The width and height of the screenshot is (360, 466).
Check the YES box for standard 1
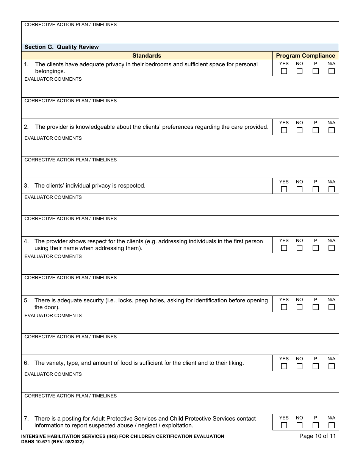(x=284, y=71)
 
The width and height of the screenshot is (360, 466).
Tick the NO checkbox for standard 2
(x=300, y=130)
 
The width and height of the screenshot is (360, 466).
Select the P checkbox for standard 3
(x=316, y=189)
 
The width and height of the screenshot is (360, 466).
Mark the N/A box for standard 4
(x=332, y=248)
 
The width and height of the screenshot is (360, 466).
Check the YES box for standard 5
(x=284, y=307)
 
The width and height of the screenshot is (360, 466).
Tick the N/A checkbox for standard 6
(x=332, y=366)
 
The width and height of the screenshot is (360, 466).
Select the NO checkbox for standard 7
(x=300, y=425)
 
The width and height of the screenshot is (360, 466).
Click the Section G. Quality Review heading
(x=61, y=47)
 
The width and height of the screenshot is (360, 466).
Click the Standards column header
(x=147, y=56)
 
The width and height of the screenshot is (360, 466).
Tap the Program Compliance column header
(x=305, y=56)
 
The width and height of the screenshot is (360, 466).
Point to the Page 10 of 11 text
(x=317, y=436)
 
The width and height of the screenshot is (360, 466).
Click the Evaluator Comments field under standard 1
(x=180, y=89)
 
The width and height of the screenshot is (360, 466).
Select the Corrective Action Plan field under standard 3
(x=180, y=228)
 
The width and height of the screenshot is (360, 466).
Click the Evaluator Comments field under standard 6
(x=180, y=384)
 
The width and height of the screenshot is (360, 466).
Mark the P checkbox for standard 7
(x=316, y=425)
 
